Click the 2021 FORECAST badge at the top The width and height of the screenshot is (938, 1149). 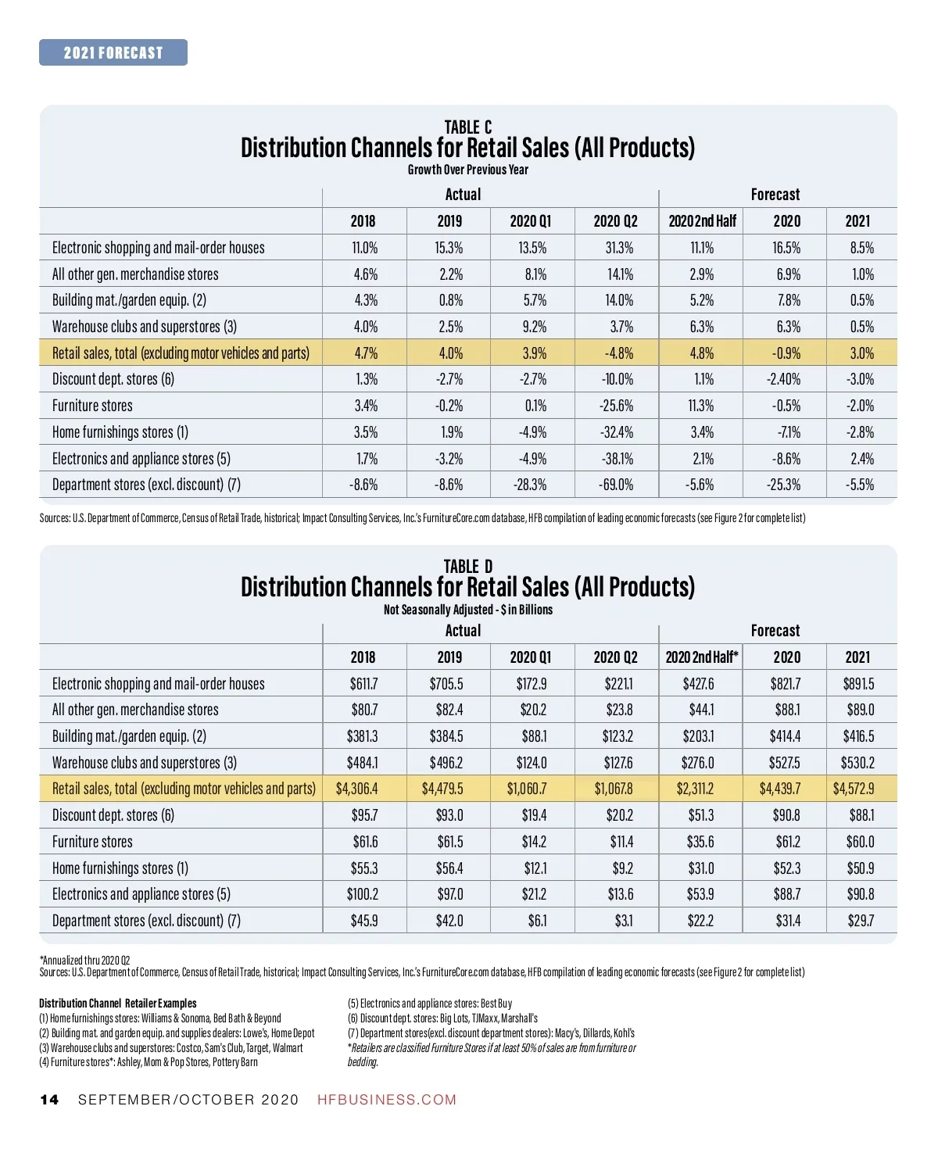tap(113, 52)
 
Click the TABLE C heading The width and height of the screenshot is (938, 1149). tap(468, 127)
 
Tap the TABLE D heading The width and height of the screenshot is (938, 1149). tap(468, 566)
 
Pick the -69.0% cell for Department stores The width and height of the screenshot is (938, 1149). tap(616, 485)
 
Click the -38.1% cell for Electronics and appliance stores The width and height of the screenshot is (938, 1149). tap(616, 459)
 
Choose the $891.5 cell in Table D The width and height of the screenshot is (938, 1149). tap(858, 684)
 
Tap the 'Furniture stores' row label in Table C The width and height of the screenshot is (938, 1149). tap(92, 406)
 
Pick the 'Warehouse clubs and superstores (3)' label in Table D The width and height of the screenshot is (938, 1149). tap(145, 763)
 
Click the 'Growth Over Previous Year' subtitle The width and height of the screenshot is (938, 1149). tap(468, 170)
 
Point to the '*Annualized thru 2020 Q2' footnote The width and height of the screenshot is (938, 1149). tap(84, 960)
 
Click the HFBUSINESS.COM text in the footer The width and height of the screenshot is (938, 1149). tap(387, 1100)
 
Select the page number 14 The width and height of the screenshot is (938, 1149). tap(49, 1100)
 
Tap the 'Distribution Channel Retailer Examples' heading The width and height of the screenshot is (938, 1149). tap(118, 1003)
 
